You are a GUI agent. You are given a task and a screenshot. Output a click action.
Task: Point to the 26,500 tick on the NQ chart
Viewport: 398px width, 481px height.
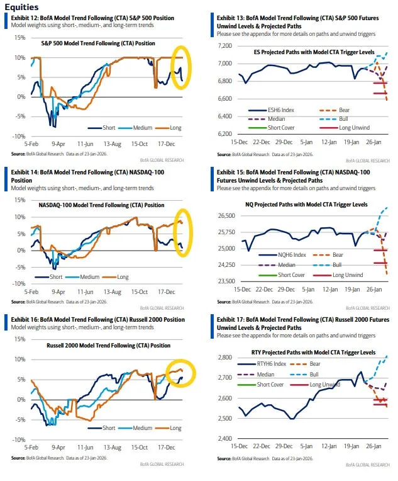click(224, 215)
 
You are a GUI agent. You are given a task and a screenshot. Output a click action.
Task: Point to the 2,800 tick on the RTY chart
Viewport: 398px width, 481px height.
click(226, 357)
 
